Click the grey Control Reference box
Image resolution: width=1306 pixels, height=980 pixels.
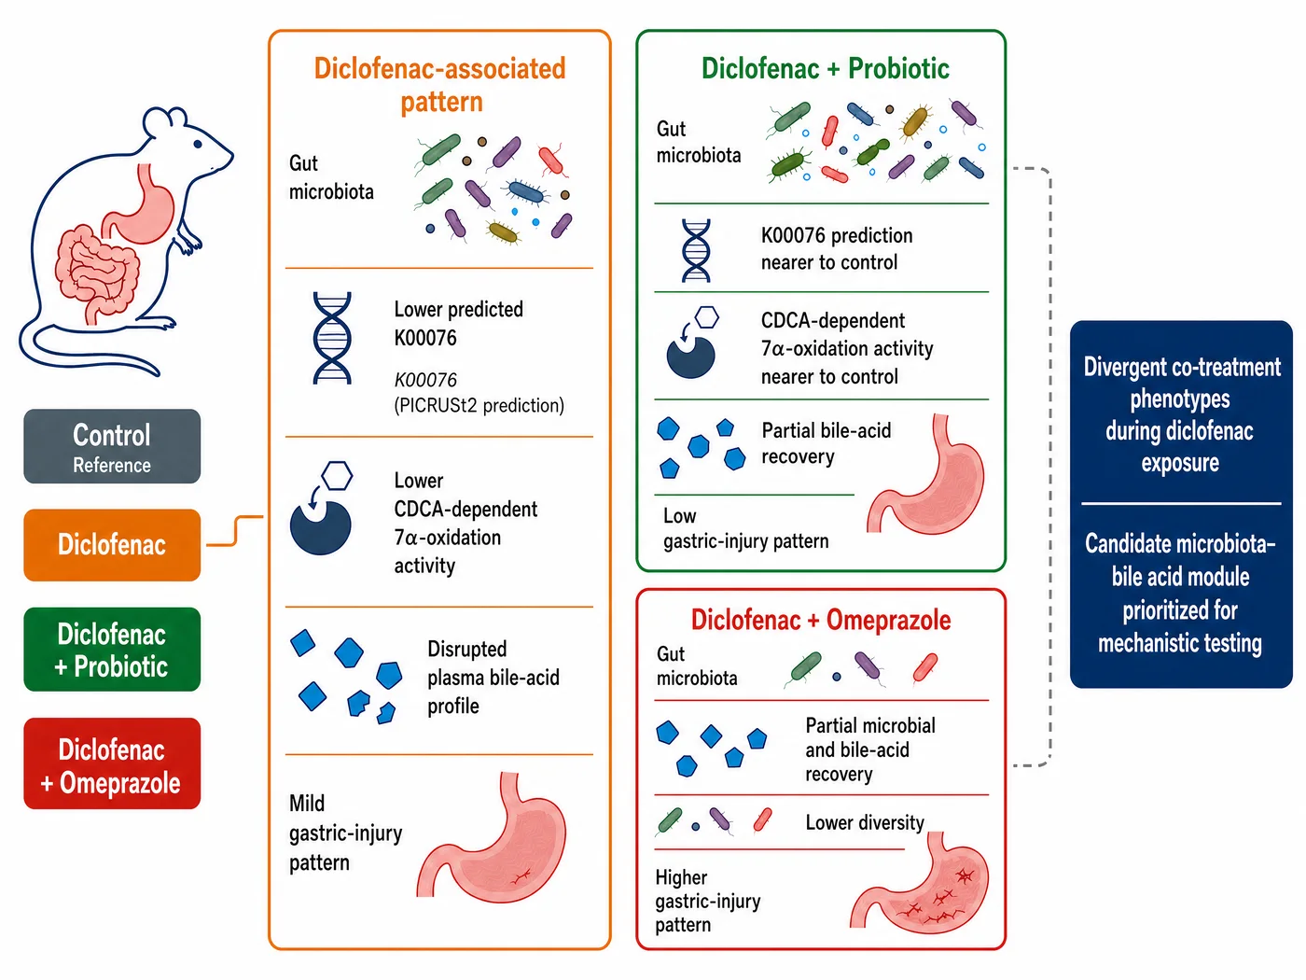click(x=112, y=446)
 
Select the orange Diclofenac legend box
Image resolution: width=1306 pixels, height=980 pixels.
click(x=112, y=545)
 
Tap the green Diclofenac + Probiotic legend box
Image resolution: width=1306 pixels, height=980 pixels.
click(x=112, y=650)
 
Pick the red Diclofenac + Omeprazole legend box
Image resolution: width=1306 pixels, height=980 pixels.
click(x=112, y=763)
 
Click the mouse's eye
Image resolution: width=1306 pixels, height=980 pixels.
click(x=198, y=144)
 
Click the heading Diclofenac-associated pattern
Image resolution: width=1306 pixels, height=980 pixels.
click(x=440, y=85)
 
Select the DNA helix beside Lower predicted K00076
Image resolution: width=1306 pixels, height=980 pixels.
click(x=332, y=338)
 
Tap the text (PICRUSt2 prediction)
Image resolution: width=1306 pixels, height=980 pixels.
click(x=479, y=406)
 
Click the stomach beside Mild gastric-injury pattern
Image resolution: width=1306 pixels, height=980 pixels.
click(x=493, y=838)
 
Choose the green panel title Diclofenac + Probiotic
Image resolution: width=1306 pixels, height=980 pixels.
click(x=826, y=68)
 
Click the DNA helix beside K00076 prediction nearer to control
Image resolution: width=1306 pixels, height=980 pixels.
click(x=696, y=250)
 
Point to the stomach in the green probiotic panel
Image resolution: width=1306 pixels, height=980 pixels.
click(x=926, y=474)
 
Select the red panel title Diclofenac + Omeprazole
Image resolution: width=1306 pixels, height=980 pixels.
click(x=821, y=620)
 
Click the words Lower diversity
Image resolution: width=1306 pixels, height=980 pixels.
click(x=865, y=823)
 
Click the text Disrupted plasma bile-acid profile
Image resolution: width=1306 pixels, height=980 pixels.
click(x=493, y=678)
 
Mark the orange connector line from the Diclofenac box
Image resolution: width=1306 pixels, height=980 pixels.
click(x=235, y=531)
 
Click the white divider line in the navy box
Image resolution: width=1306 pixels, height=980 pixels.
click(x=1181, y=504)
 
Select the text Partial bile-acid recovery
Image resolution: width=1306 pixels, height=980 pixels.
click(x=827, y=443)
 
